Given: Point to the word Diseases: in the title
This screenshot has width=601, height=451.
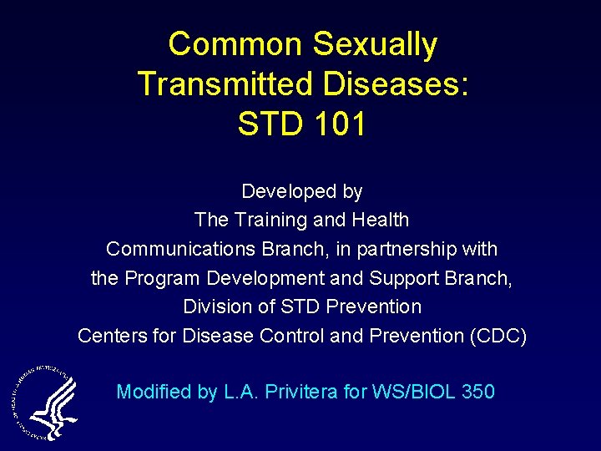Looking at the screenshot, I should (402, 84).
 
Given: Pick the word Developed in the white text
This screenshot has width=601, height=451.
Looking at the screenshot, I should (280, 192).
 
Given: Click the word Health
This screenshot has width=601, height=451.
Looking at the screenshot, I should (381, 220).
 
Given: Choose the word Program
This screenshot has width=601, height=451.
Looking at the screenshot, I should (159, 278).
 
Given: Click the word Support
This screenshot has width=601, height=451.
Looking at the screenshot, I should (404, 278).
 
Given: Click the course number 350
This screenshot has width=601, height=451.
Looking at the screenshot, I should (477, 392).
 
